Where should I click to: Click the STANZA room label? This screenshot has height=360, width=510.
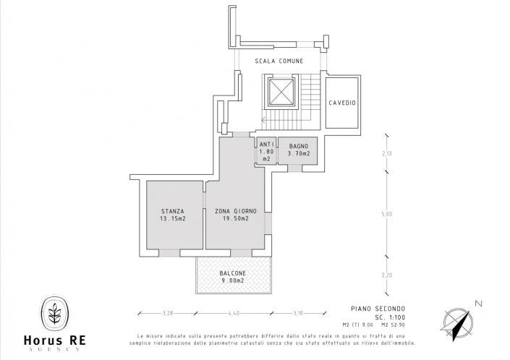(x=172, y=211)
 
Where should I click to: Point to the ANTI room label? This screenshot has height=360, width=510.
(x=265, y=144)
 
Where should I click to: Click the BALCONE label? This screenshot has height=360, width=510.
(x=233, y=273)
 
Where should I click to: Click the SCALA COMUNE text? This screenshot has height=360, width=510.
(x=279, y=61)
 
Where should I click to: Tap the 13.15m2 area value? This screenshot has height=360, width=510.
(x=172, y=219)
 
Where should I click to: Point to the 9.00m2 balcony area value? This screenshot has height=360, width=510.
(x=233, y=281)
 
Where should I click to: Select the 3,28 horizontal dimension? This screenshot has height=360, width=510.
(x=169, y=312)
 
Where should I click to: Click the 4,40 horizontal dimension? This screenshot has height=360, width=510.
(x=234, y=312)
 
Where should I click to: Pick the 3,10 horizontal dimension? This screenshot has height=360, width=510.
(x=298, y=312)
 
